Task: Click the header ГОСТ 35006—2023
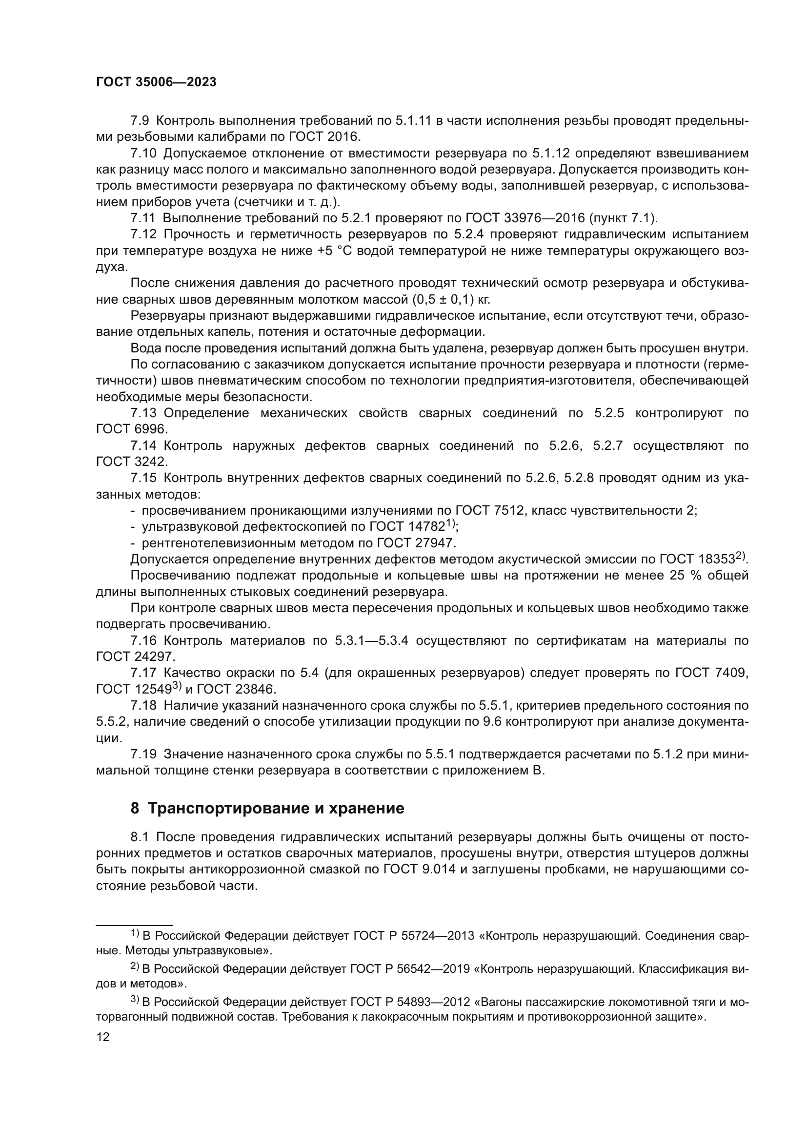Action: [x=156, y=82]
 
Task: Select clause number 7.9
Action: [x=140, y=121]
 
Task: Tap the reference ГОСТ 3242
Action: [x=132, y=462]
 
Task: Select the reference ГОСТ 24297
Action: [x=135, y=657]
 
